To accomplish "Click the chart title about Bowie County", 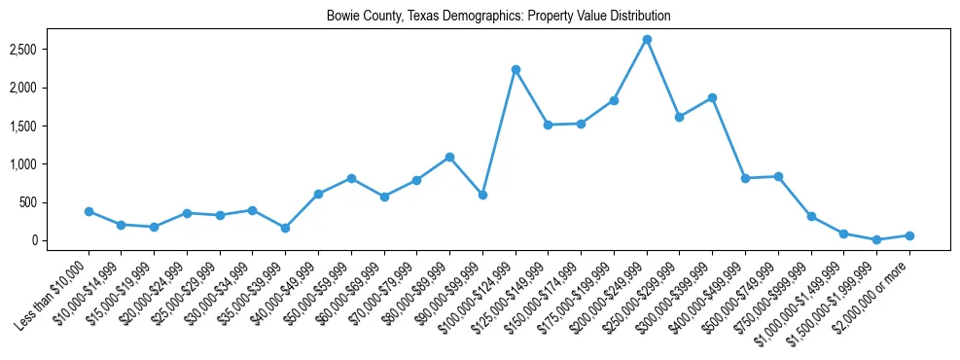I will point(498,17).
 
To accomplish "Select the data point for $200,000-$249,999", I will point(647,40).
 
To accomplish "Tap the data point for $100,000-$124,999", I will point(516,70).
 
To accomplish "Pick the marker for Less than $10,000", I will point(89,211).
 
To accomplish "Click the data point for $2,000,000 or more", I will point(909,235).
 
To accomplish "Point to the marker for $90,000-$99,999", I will point(482,195).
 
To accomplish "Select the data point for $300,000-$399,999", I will point(712,97).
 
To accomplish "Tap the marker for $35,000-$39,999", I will point(285,228).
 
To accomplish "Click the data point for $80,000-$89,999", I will point(449,157).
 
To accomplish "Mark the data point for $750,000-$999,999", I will point(811,216).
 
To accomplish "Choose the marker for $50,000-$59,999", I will point(351,178).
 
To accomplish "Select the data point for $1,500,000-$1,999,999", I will point(876,239).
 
